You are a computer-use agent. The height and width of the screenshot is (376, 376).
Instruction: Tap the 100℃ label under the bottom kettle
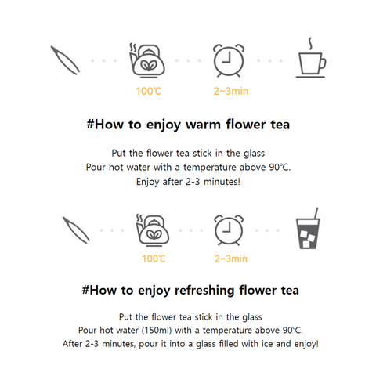154,258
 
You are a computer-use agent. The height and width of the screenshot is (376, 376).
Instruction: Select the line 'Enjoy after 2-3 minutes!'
188,181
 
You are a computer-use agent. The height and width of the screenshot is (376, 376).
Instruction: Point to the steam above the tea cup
311,42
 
